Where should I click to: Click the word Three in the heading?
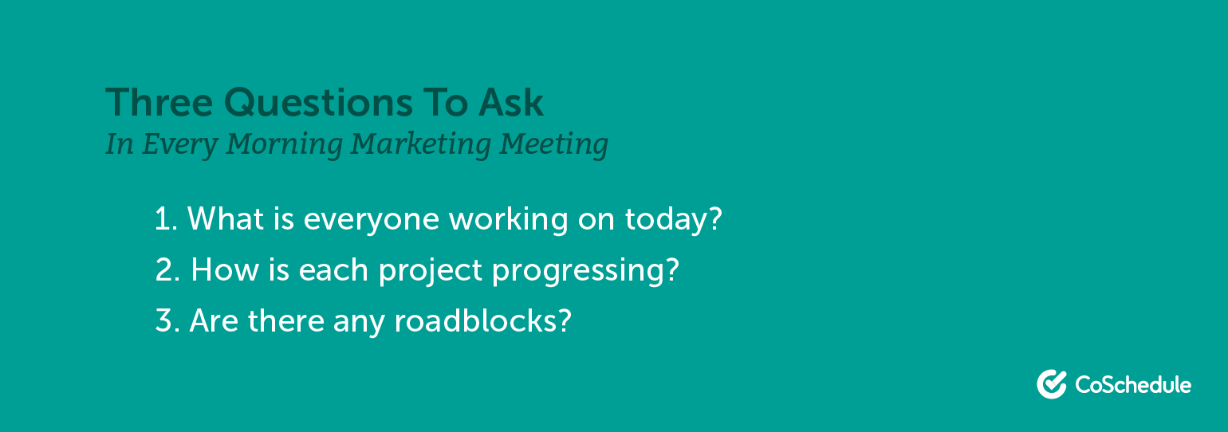tap(159, 103)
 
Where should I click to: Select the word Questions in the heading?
tap(318, 103)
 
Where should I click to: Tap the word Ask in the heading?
tap(511, 102)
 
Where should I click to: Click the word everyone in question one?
tap(371, 221)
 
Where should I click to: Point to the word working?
tap(508, 220)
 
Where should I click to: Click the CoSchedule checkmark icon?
tap(1052, 383)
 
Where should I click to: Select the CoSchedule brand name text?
tap(1133, 385)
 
